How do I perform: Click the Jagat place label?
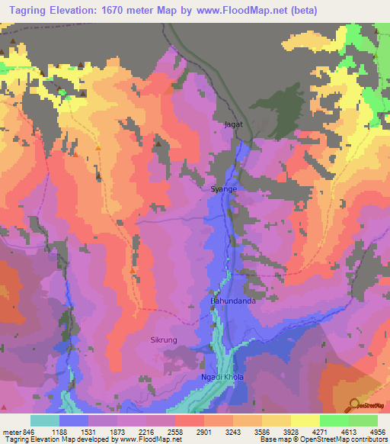pyautogui.click(x=232, y=122)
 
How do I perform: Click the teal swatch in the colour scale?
pyautogui.click(x=45, y=420)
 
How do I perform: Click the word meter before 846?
pyautogui.click(x=9, y=432)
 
